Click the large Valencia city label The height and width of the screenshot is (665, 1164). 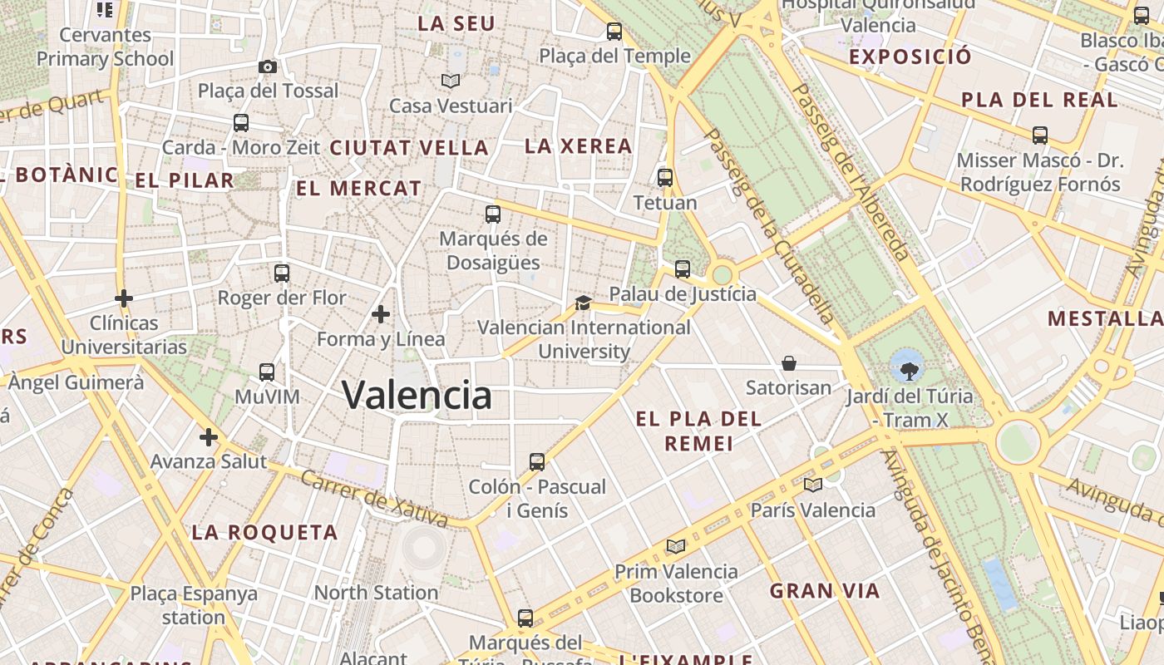(417, 396)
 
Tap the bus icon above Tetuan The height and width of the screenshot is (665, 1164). (664, 177)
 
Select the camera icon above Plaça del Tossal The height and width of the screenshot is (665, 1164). (268, 66)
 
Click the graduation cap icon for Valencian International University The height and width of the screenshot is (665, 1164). (583, 303)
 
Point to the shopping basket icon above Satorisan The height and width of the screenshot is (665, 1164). (788, 363)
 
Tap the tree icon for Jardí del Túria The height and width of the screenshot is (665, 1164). (906, 364)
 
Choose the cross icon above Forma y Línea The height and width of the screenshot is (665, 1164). (381, 314)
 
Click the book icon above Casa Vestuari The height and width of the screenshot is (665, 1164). (451, 81)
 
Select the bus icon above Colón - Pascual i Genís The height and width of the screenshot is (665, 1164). (537, 461)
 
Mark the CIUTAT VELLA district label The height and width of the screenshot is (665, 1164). (409, 148)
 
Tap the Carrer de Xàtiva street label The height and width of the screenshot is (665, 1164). (374, 499)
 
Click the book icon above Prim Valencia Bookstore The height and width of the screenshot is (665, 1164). (676, 546)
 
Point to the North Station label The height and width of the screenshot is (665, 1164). (376, 593)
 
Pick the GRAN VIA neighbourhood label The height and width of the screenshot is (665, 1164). (824, 591)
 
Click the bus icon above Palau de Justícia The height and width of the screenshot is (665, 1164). (683, 268)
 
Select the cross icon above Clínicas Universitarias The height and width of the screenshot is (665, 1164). (124, 298)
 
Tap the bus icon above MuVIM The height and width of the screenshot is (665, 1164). (267, 372)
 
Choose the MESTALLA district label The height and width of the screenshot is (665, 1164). (1105, 318)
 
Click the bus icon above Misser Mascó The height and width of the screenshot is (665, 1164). (1039, 135)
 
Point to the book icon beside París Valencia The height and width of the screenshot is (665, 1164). (813, 485)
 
